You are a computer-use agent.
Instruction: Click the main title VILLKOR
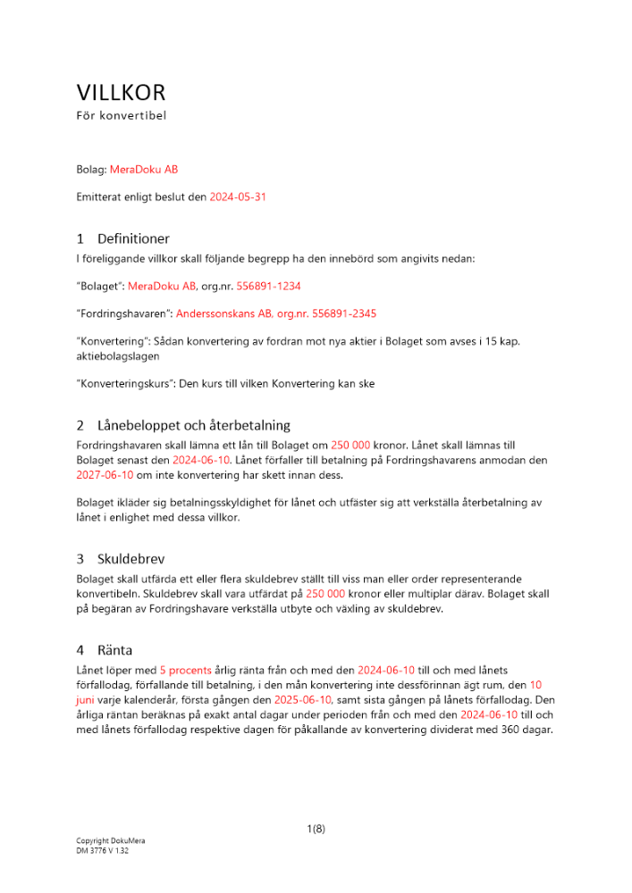click(121, 93)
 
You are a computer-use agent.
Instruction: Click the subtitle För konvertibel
click(121, 115)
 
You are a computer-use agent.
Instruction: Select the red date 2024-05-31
click(238, 197)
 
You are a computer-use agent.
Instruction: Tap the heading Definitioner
click(133, 238)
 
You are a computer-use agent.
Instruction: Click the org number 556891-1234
click(268, 287)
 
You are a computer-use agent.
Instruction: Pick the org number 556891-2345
click(344, 314)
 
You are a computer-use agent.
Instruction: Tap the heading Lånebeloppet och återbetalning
click(194, 425)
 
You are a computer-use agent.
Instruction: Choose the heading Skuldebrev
click(131, 559)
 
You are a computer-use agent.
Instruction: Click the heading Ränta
click(114, 650)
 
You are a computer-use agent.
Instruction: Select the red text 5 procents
click(186, 670)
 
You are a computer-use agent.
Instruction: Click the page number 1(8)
click(316, 829)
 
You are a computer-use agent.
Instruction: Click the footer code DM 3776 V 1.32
click(103, 851)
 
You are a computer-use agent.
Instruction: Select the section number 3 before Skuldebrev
click(80, 559)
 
